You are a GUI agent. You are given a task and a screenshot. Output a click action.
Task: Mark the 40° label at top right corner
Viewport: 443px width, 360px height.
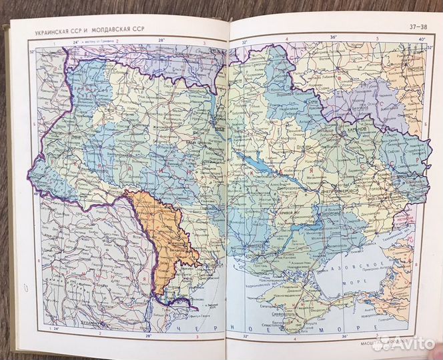[421, 39]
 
